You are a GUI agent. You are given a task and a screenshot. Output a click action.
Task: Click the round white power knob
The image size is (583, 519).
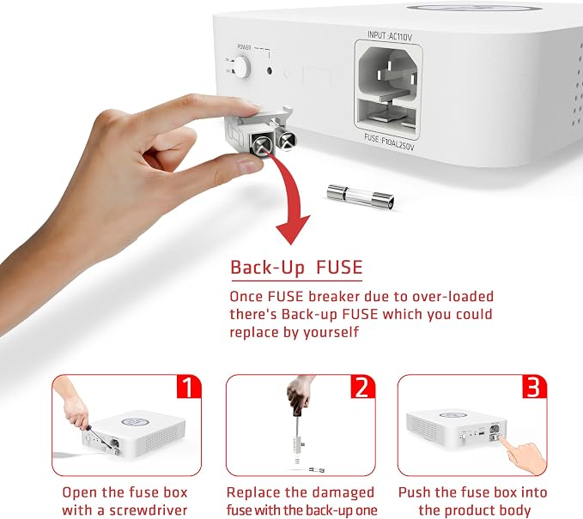tap(241, 67)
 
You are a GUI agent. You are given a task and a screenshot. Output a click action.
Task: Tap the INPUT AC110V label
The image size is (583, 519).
tap(390, 36)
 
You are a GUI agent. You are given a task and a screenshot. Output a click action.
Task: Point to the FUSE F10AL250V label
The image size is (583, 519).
tap(389, 142)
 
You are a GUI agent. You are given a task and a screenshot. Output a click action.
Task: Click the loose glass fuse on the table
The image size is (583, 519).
tap(360, 196)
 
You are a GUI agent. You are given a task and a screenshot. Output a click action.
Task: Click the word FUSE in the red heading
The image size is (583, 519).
tap(339, 268)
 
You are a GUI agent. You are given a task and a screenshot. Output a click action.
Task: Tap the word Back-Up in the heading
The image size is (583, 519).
tap(267, 268)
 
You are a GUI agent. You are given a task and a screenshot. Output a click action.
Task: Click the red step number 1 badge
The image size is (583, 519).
tap(189, 387)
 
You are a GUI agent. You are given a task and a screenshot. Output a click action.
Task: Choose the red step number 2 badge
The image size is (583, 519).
tap(363, 387)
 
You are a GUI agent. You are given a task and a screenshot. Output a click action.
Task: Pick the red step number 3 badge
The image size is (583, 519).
tap(535, 387)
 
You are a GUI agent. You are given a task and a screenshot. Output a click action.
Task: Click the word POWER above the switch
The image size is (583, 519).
tap(244, 47)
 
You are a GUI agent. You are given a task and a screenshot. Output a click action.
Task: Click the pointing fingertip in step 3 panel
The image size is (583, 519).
tap(502, 439)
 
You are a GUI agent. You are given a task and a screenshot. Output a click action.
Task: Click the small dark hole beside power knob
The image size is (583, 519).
tap(270, 69)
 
